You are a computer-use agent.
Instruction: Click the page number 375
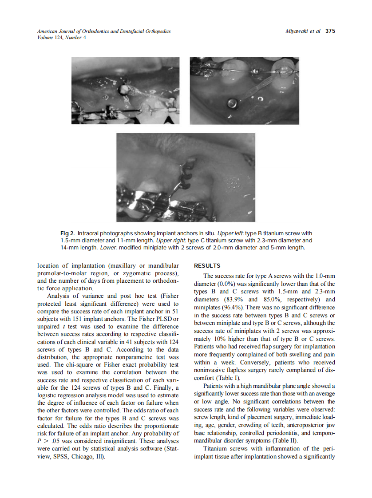(330, 31)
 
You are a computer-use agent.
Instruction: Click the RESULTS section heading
(207, 266)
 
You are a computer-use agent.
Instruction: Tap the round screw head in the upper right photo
(231, 103)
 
